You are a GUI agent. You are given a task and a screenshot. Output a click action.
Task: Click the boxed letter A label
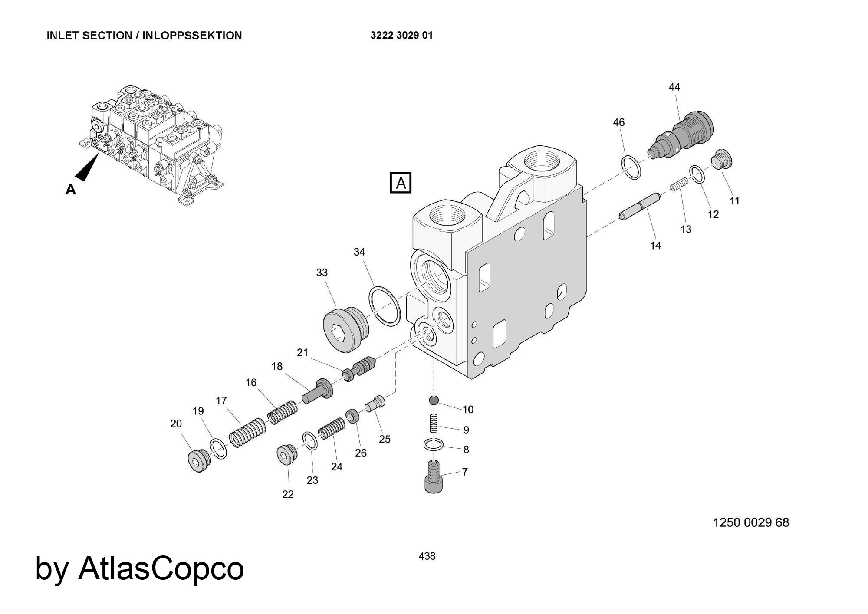(400, 183)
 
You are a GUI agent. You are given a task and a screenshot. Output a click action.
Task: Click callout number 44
(674, 87)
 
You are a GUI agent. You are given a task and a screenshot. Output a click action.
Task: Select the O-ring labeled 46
(631, 167)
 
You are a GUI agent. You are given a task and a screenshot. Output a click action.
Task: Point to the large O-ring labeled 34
(385, 305)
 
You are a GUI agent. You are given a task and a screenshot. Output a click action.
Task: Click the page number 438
(427, 556)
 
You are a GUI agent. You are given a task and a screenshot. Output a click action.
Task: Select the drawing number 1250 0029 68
(751, 522)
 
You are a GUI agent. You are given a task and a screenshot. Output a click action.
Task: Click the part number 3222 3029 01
(401, 36)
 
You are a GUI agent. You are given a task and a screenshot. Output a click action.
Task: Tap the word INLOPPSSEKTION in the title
(192, 36)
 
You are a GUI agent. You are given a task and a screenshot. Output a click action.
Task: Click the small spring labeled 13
(679, 184)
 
